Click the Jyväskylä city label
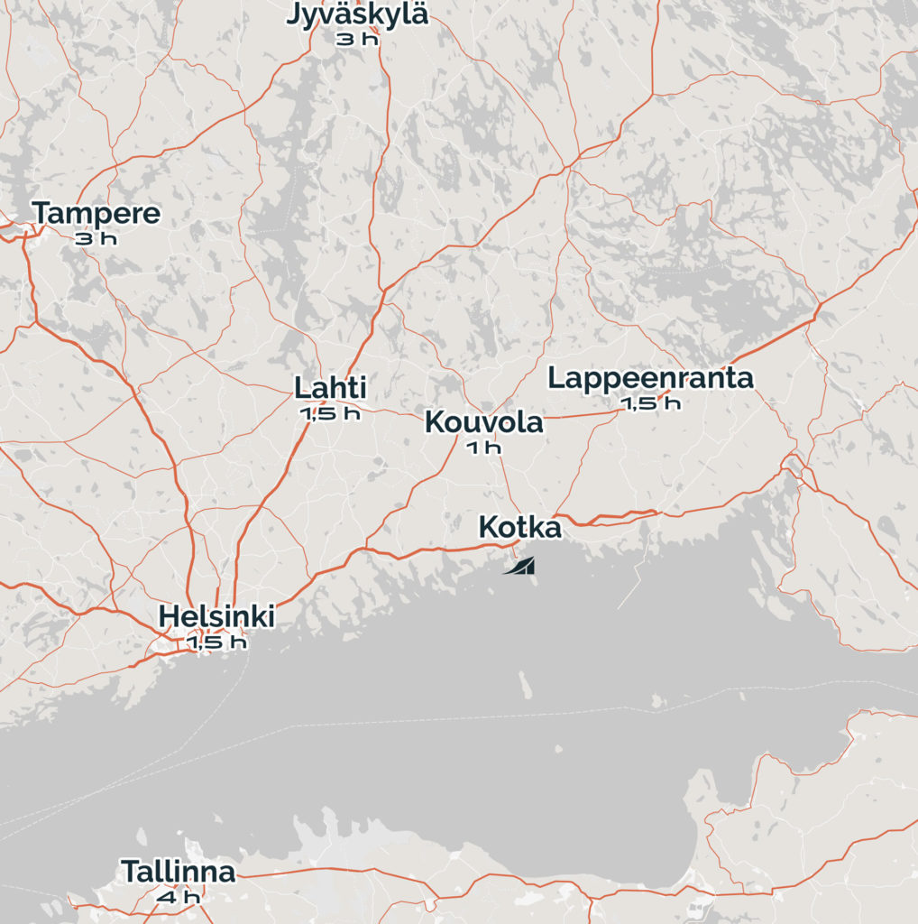pyautogui.click(x=357, y=15)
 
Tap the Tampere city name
pyautogui.click(x=96, y=214)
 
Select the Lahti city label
pyautogui.click(x=330, y=388)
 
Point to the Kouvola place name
pyautogui.click(x=484, y=421)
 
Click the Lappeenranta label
pyautogui.click(x=650, y=378)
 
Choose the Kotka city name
pyautogui.click(x=519, y=527)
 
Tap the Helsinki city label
pyautogui.click(x=216, y=617)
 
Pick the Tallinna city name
pyautogui.click(x=179, y=872)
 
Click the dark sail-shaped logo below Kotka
pyautogui.click(x=520, y=567)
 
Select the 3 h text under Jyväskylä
pyautogui.click(x=357, y=39)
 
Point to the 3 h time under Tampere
pyautogui.click(x=96, y=238)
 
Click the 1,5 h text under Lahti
pyautogui.click(x=330, y=413)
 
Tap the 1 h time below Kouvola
pyautogui.click(x=484, y=447)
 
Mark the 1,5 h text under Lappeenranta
pyautogui.click(x=650, y=403)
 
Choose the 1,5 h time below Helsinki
pyautogui.click(x=216, y=642)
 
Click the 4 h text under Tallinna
pyautogui.click(x=179, y=897)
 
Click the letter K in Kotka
pyautogui.click(x=488, y=527)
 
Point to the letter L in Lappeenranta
pyautogui.click(x=555, y=378)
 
